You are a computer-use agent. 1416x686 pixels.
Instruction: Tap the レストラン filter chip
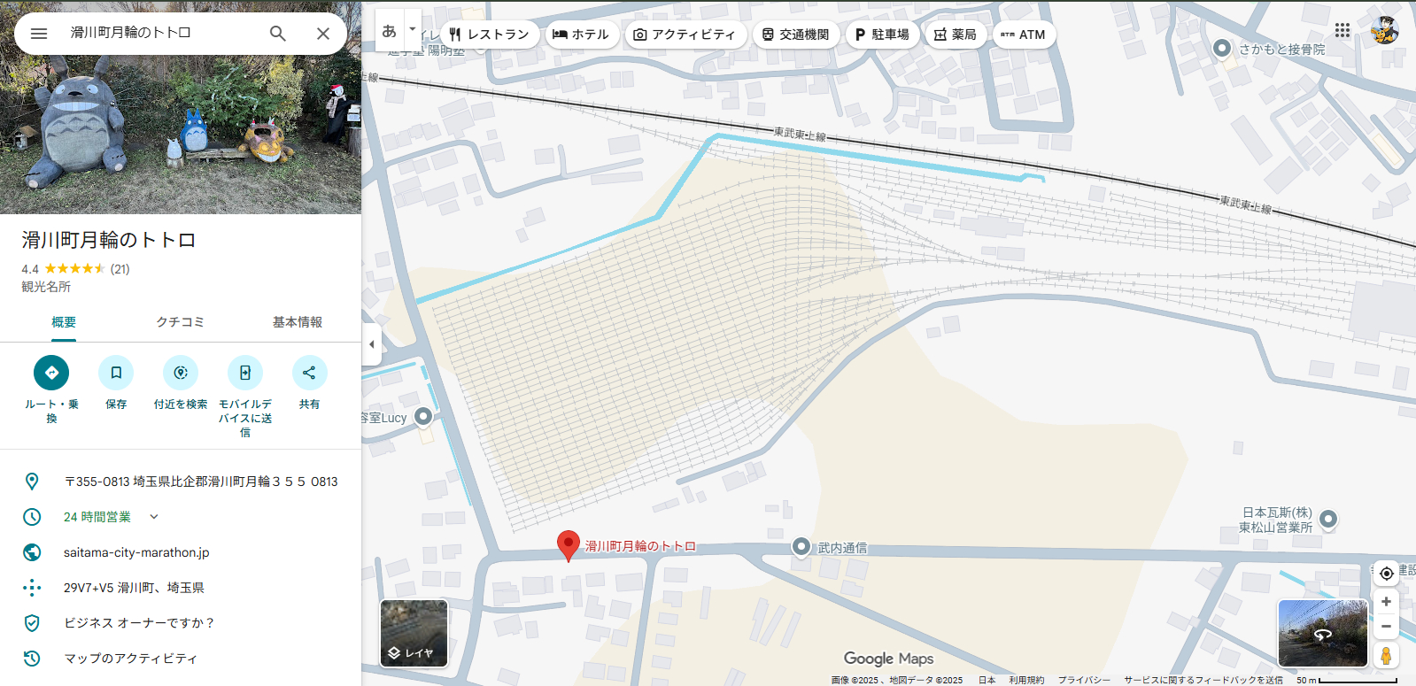(489, 35)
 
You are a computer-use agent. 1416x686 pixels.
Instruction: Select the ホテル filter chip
(581, 35)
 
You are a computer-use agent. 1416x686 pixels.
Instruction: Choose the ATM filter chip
(1023, 35)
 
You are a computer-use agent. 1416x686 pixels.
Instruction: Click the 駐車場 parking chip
(882, 35)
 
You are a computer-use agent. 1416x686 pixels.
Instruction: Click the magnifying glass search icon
(277, 34)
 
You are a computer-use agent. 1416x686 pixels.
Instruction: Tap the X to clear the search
(323, 34)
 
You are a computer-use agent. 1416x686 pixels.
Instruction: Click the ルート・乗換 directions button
(51, 373)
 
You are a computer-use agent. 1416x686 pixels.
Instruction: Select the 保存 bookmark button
(116, 373)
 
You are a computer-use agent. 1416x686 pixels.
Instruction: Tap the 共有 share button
(309, 373)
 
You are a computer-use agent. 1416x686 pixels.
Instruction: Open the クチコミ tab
(180, 322)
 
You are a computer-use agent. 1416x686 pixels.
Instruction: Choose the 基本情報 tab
(297, 322)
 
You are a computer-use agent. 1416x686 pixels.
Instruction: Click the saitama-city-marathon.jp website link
(136, 552)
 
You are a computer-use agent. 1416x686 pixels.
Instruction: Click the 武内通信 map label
(841, 548)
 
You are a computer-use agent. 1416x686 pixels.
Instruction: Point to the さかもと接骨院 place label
(1281, 50)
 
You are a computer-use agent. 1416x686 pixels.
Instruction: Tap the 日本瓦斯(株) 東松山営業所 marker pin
(1328, 519)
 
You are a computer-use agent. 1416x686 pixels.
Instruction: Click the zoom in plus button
(1386, 602)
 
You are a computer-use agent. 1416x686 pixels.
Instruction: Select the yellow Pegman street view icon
(1386, 656)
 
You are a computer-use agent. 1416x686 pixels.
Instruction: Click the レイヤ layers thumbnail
(414, 633)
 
